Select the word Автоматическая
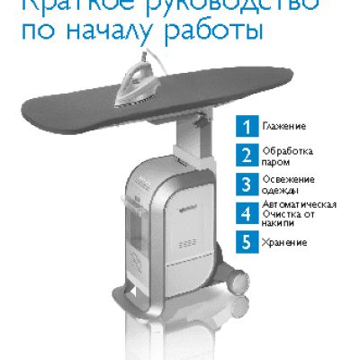point(301,204)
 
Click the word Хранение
point(284,242)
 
